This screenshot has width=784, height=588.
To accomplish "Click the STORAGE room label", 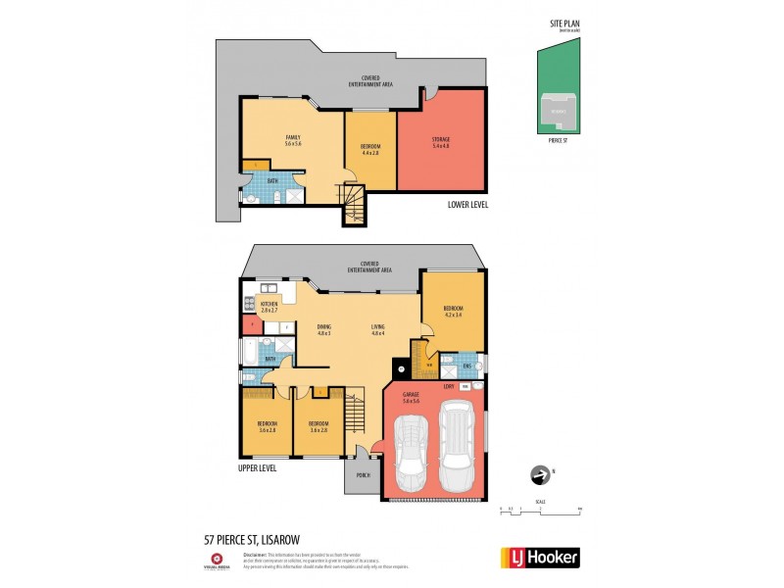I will coord(441,140).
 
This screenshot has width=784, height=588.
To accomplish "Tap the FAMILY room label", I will coord(292,139).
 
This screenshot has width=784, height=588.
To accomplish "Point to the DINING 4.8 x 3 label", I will coord(323,329).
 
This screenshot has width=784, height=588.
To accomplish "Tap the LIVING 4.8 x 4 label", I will coord(377,329).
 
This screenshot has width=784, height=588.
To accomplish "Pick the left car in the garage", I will coord(412,454).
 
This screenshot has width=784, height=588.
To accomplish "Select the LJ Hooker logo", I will coord(540,557).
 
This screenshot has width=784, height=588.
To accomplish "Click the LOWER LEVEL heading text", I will coord(467,204).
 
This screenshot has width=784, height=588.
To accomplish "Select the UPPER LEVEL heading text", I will coord(257,468).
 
